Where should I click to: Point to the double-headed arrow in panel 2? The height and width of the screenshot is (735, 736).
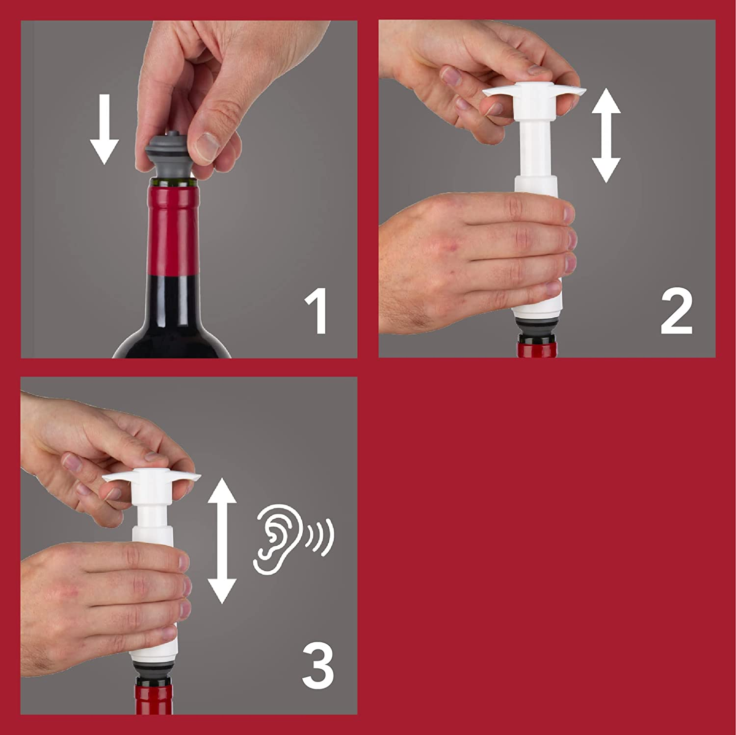(x=606, y=135)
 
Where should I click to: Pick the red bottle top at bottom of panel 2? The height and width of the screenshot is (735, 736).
(x=536, y=349)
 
